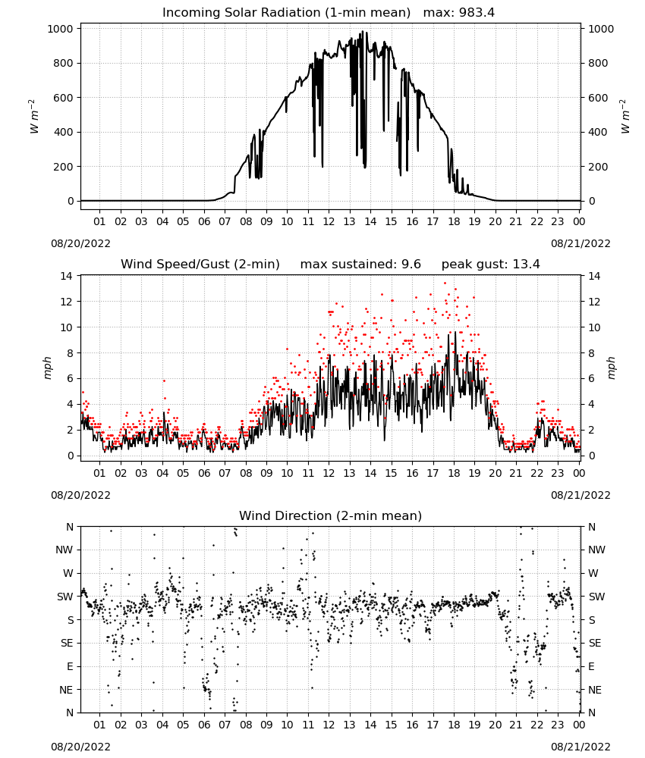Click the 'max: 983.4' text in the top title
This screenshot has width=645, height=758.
point(459,13)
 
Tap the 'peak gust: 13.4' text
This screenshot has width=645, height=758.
point(490,265)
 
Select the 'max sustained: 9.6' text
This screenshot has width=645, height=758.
point(360,265)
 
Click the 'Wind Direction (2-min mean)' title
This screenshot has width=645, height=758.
point(331,515)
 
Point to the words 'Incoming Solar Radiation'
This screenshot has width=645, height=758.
point(241,13)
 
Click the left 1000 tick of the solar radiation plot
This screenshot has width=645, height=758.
point(61,29)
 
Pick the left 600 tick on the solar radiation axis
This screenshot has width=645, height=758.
point(64,98)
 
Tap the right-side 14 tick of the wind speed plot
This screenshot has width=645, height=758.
point(594,276)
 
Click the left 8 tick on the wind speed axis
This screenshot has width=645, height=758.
point(70,353)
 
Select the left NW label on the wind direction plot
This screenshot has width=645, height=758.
point(64,550)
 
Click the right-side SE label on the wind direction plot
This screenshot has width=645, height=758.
point(595,644)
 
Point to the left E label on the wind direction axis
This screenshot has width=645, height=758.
point(70,666)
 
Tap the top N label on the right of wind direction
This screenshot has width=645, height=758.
point(592,527)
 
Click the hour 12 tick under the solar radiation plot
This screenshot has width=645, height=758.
point(329,221)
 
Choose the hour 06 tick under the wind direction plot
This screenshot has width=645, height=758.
point(204,725)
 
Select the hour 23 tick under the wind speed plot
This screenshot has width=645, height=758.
point(558,473)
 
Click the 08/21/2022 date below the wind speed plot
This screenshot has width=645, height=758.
point(580,495)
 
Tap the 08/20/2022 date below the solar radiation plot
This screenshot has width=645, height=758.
point(80,243)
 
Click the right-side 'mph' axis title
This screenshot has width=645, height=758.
point(611,368)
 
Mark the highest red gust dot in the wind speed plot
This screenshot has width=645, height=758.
point(445,283)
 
